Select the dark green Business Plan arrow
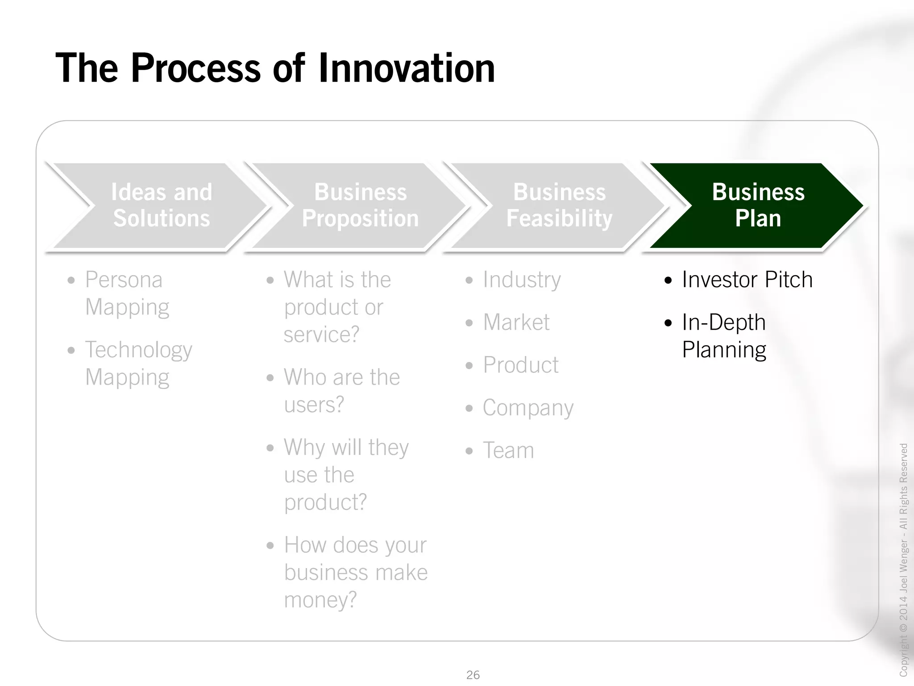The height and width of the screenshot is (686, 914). pos(758,205)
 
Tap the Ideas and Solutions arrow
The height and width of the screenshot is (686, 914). pos(162,205)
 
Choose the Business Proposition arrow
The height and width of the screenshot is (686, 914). pos(361,205)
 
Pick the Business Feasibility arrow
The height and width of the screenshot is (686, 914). pos(559,205)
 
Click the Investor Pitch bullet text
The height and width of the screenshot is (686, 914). pos(747,280)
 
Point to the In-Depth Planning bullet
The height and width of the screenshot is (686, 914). pos(724,336)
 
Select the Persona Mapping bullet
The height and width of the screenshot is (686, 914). pos(127,293)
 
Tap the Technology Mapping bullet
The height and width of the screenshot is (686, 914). pos(138,363)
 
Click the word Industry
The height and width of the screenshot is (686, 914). pos(521,280)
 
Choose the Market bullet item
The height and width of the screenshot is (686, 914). pos(516,322)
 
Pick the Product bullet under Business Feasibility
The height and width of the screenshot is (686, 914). pos(520,365)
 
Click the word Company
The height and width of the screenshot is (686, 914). pos(528,408)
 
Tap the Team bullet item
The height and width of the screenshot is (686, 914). pos(508,450)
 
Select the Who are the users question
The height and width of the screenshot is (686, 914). pos(341,391)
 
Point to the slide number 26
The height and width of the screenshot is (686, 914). pos(473,674)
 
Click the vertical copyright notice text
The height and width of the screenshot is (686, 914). pos(903,558)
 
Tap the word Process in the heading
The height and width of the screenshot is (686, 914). pos(195,68)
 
